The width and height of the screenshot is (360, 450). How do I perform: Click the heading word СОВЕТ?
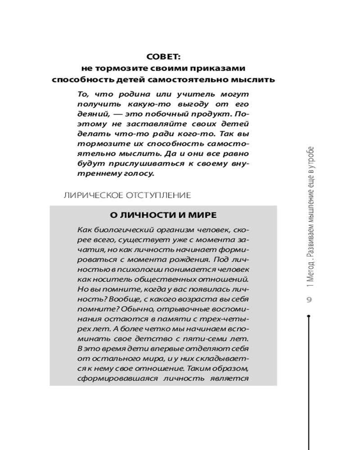click(163, 57)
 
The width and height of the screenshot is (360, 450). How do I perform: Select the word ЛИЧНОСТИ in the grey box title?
click(139, 215)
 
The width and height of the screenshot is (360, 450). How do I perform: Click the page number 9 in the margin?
click(310, 300)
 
